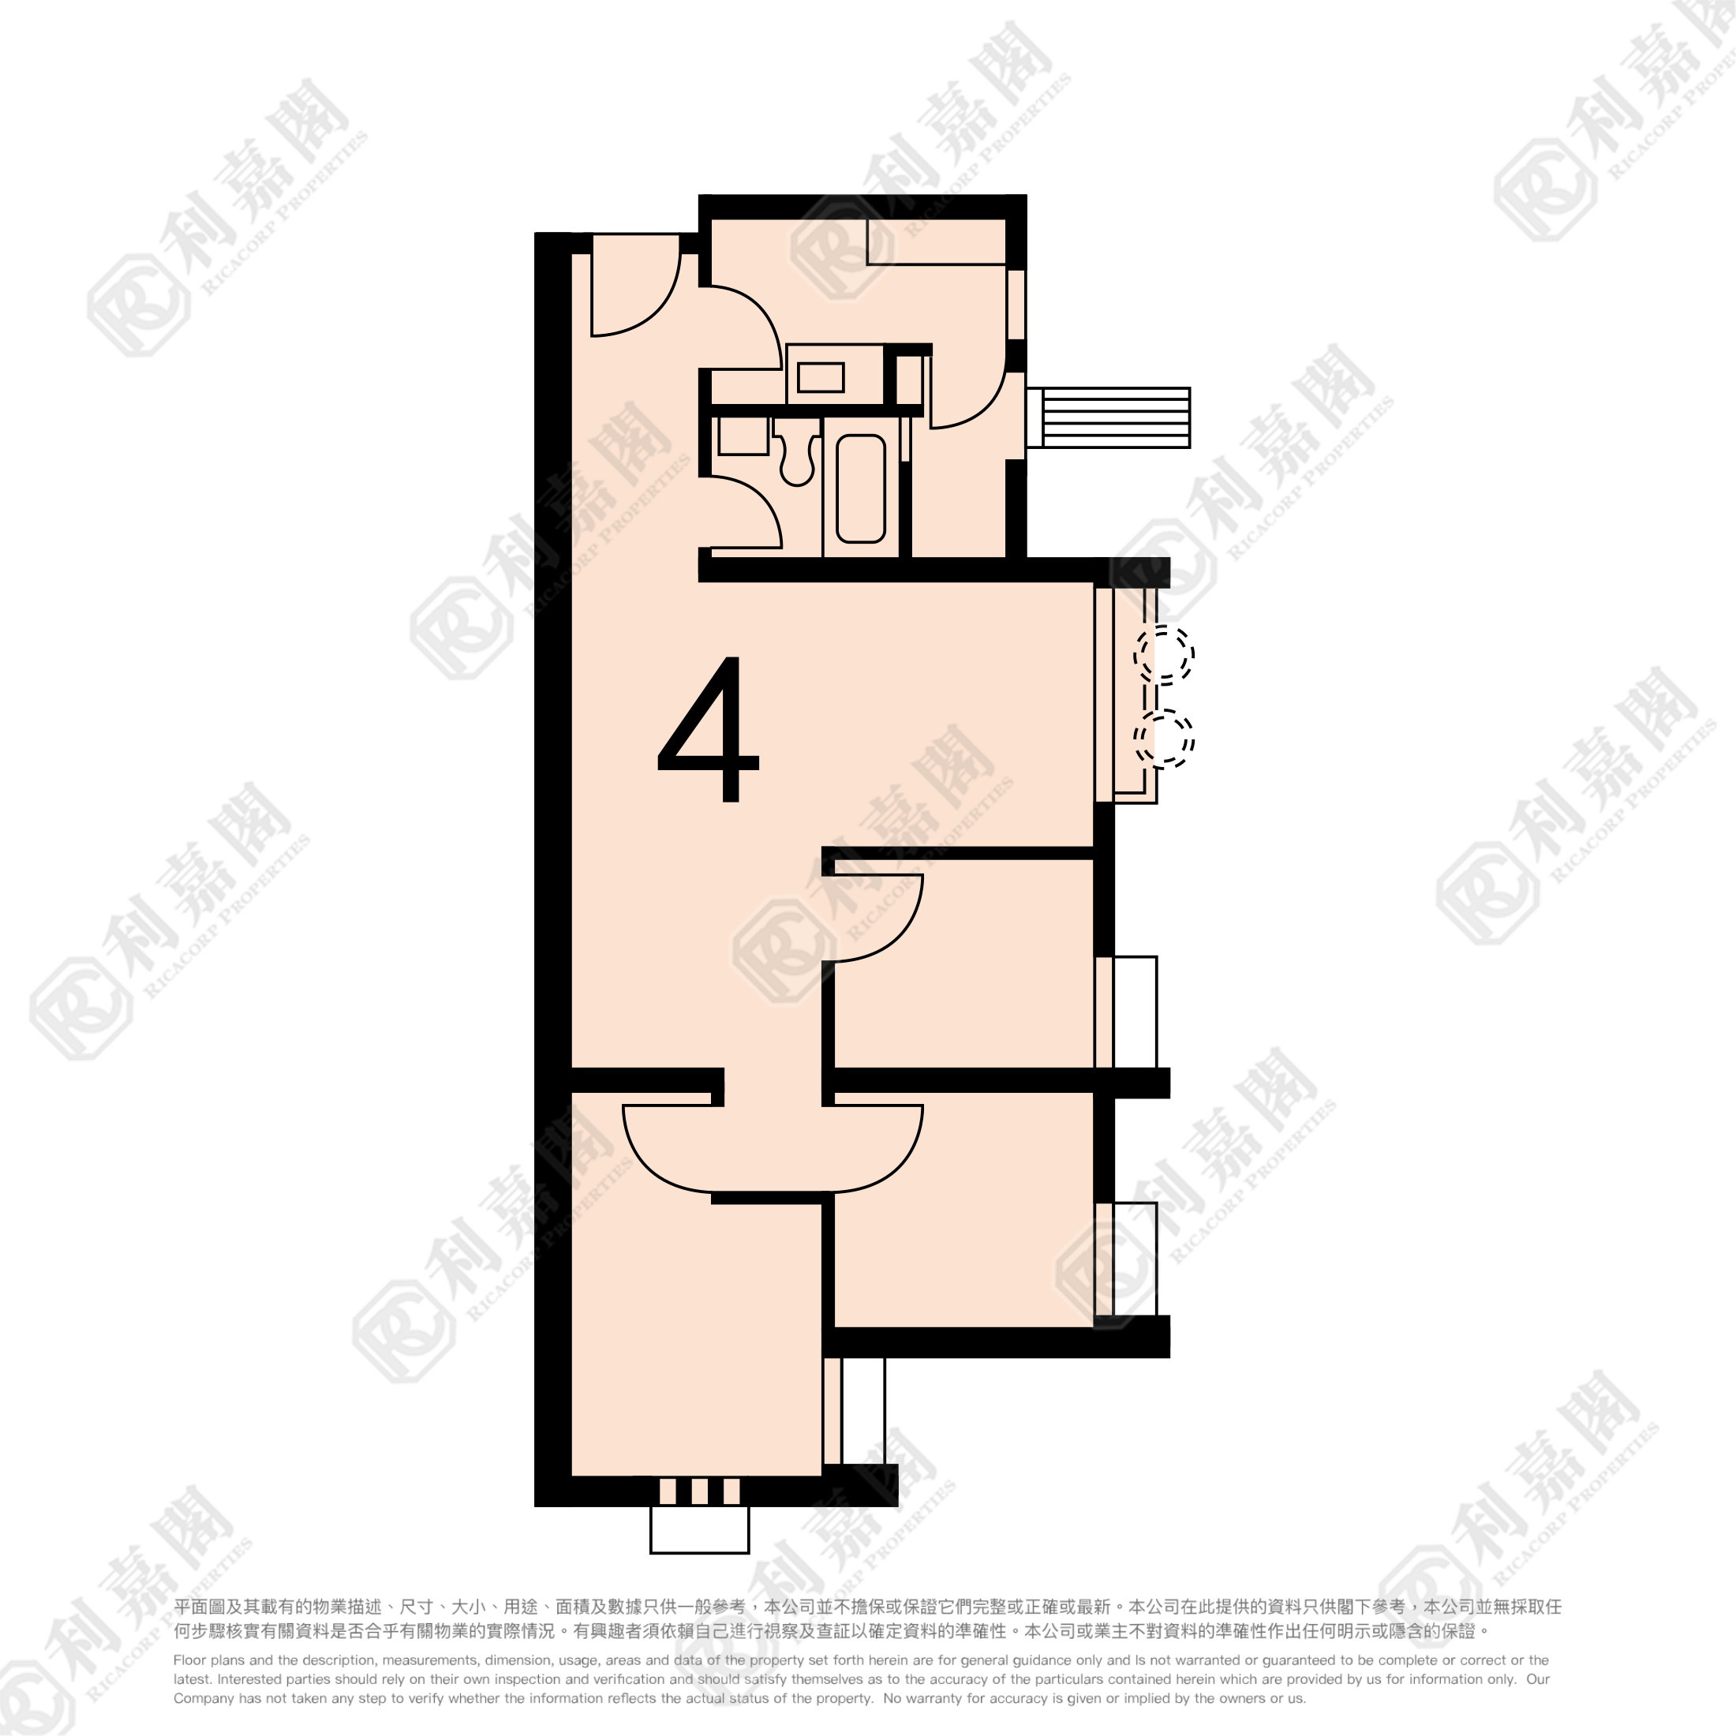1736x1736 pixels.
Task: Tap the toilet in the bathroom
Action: tap(796, 454)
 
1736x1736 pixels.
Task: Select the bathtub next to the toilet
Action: tap(861, 488)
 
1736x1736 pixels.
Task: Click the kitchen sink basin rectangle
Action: tap(821, 377)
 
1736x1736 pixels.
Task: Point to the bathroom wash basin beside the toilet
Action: tap(743, 436)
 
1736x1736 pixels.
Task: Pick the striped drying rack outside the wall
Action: tap(1108, 418)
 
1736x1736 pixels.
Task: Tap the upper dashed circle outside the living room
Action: tap(1164, 654)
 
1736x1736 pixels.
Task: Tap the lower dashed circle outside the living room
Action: tap(1164, 739)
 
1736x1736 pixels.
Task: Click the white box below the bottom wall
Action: tap(699, 1529)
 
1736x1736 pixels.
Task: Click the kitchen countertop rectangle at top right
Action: tap(935, 241)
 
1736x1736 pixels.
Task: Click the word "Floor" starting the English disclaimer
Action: tap(190, 1660)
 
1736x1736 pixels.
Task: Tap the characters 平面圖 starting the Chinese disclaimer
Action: tap(199, 1607)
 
